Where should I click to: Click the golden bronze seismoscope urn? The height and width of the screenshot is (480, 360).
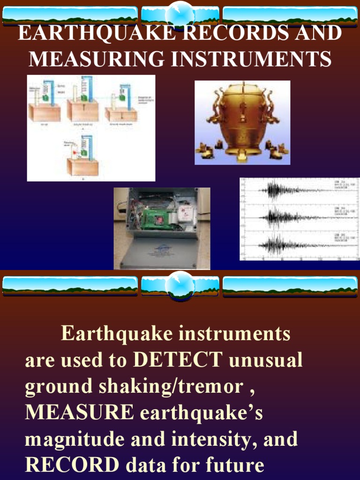tap(242, 121)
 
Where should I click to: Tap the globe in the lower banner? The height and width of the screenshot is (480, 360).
tap(180, 284)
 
